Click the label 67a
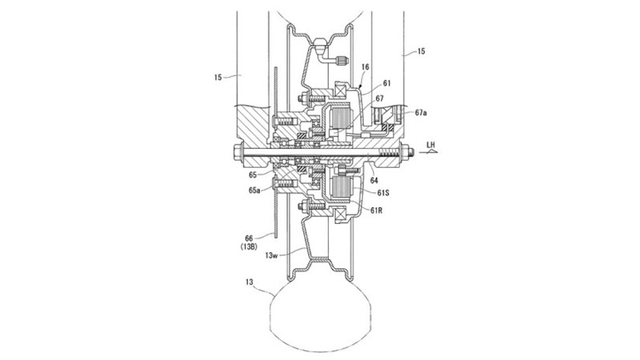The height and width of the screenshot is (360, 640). tap(421, 113)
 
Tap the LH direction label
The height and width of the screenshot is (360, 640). tap(430, 145)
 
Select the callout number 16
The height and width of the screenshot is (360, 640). tap(366, 67)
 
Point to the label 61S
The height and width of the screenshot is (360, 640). tap(383, 192)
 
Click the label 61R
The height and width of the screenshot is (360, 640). tap(376, 210)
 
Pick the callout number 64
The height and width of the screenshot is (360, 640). tap(374, 181)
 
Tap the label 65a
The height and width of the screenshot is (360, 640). tap(254, 190)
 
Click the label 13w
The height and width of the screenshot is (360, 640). tap(271, 255)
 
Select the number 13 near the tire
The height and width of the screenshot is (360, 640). tap(250, 282)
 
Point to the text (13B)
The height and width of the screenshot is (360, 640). tap(249, 246)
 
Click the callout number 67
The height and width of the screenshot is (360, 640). tap(379, 98)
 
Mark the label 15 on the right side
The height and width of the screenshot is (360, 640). tap(421, 51)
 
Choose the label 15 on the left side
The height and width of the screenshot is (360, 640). tap(218, 77)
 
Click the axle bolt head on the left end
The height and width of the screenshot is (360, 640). tap(238, 153)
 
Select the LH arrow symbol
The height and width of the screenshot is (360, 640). tap(431, 152)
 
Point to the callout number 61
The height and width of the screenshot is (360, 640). tap(387, 84)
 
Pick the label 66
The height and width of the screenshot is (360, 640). tap(249, 238)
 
